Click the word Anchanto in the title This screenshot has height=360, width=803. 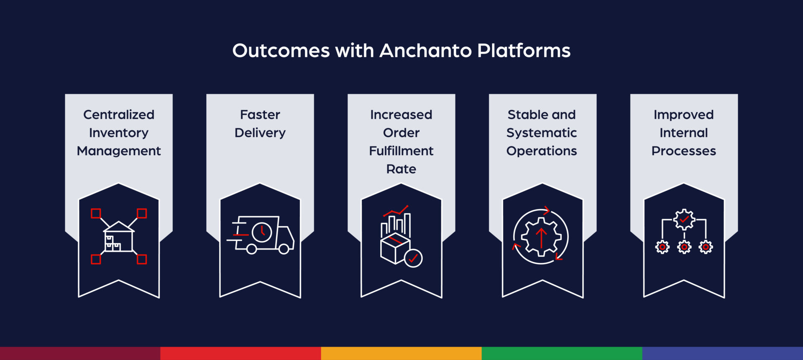[x=425, y=51]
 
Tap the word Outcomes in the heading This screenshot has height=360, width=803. [x=281, y=51]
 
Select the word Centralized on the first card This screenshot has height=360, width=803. [x=119, y=115]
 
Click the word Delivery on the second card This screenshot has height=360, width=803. [x=260, y=133]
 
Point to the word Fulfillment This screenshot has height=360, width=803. [x=401, y=151]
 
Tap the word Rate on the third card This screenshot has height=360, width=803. [x=401, y=169]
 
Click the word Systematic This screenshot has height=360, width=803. [x=542, y=133]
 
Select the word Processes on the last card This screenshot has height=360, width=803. [x=683, y=151]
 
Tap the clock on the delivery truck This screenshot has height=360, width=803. [x=262, y=232]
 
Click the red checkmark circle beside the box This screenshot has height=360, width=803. [x=413, y=258]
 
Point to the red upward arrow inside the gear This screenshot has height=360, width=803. [x=541, y=237]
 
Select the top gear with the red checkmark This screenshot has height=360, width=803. [x=684, y=220]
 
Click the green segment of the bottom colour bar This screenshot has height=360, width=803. [x=562, y=353]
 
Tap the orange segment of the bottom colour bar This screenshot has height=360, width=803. [x=401, y=353]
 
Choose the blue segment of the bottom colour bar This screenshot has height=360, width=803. [x=722, y=353]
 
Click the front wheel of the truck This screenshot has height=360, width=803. [x=284, y=249]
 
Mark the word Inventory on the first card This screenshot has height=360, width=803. [x=119, y=133]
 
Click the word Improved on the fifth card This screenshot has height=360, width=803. [x=683, y=115]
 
